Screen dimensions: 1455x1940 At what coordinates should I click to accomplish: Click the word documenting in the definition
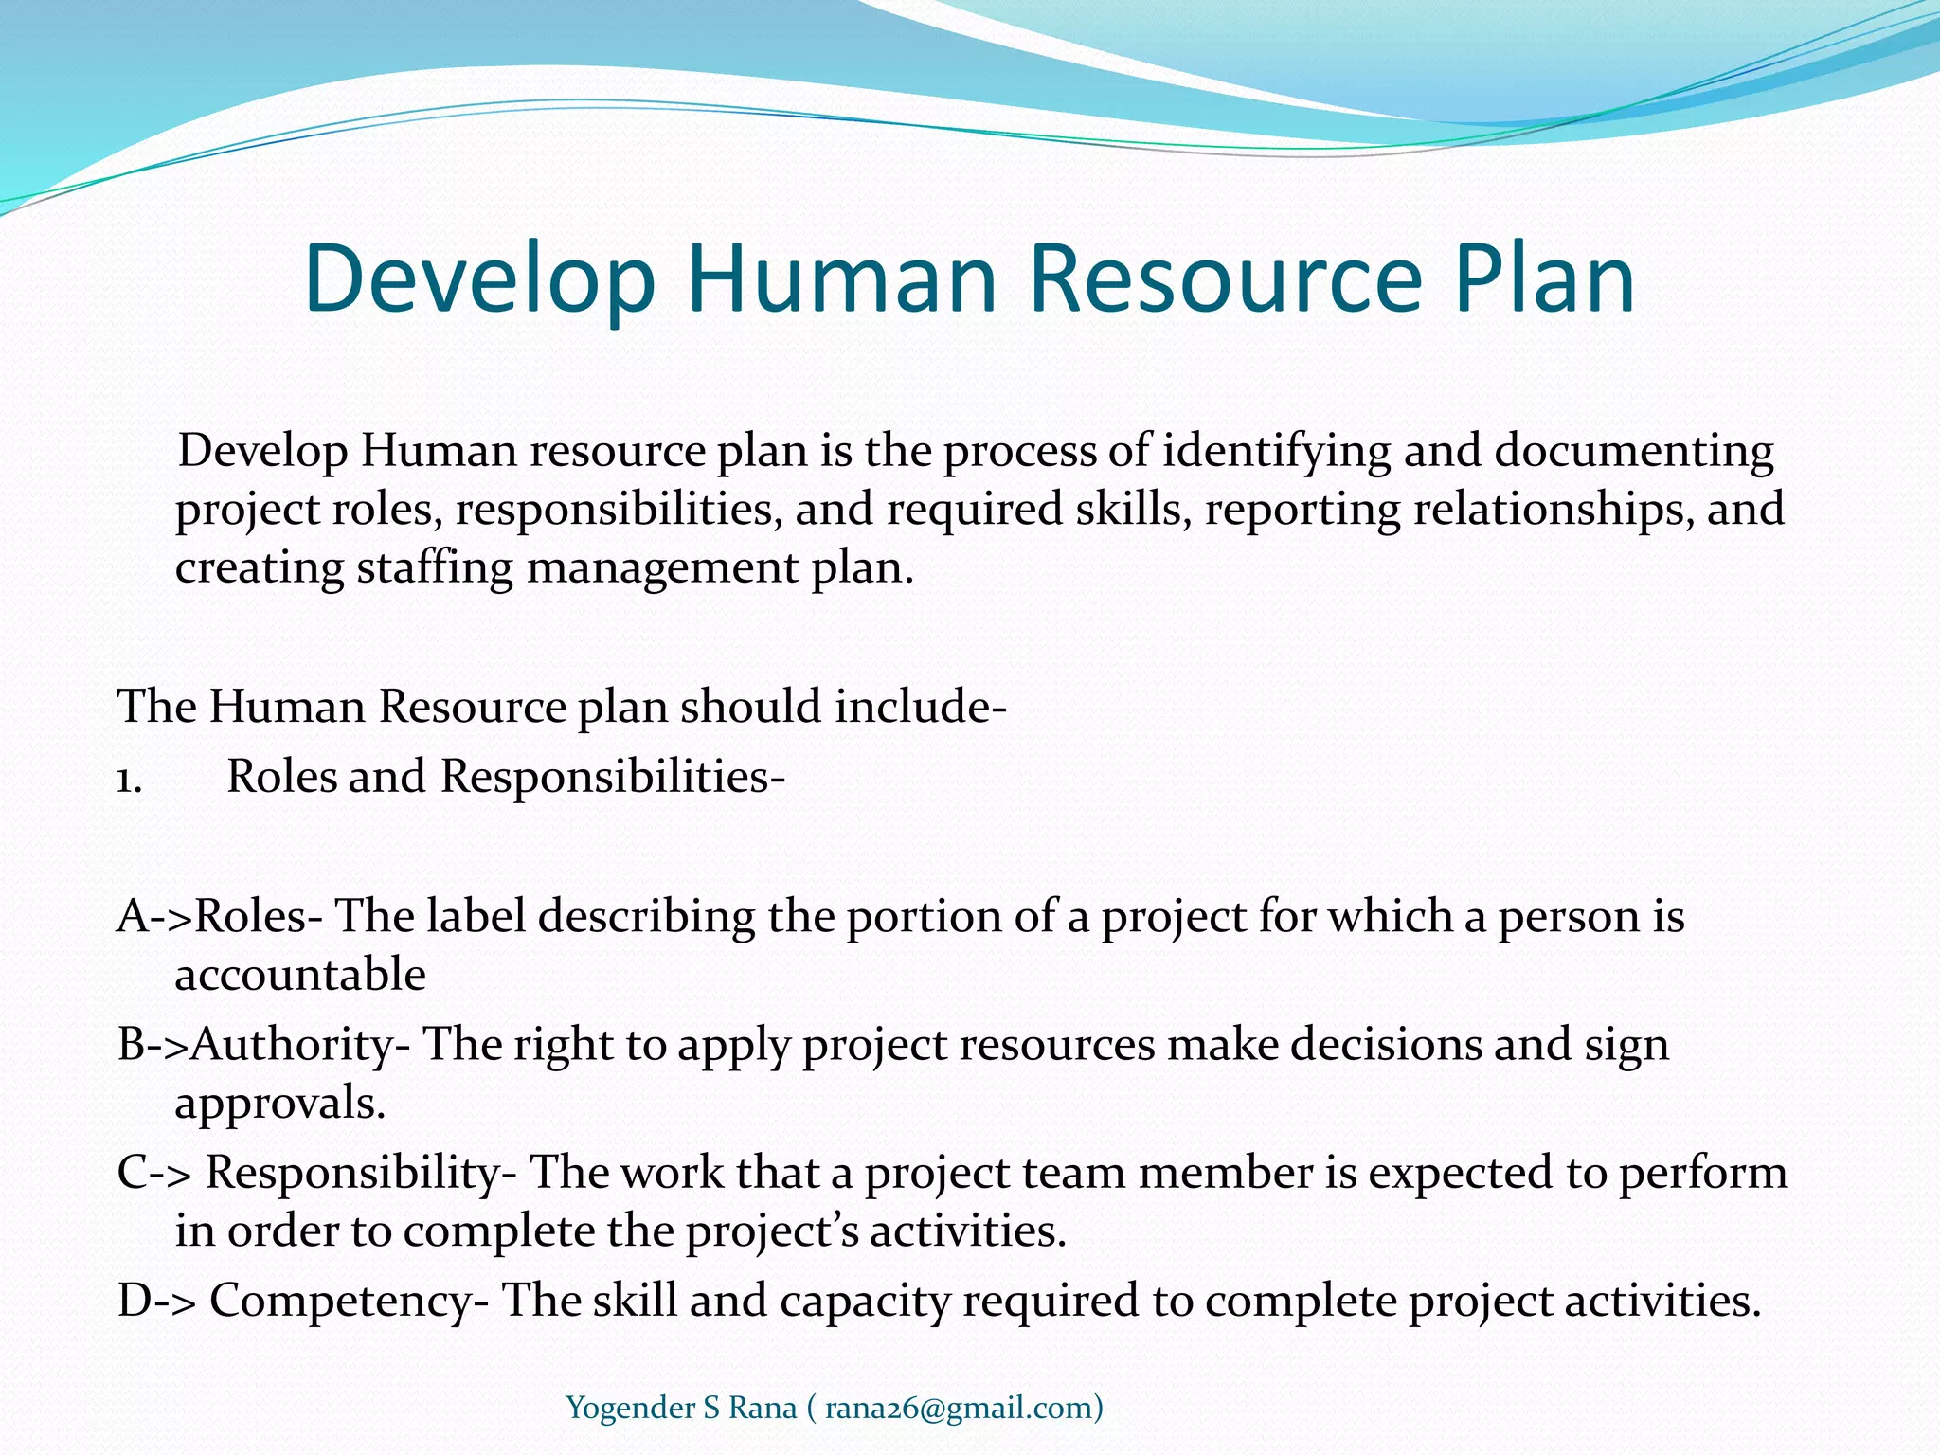1634,452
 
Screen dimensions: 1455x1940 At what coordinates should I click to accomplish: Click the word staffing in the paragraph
435,568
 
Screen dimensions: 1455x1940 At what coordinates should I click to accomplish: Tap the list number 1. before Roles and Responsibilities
130,779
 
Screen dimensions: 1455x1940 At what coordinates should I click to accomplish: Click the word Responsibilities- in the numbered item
613,777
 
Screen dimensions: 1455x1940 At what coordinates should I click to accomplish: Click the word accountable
300,975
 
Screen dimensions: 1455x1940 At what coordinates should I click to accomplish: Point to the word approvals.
280,1104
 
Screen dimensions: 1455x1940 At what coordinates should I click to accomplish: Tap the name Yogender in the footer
630,1409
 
